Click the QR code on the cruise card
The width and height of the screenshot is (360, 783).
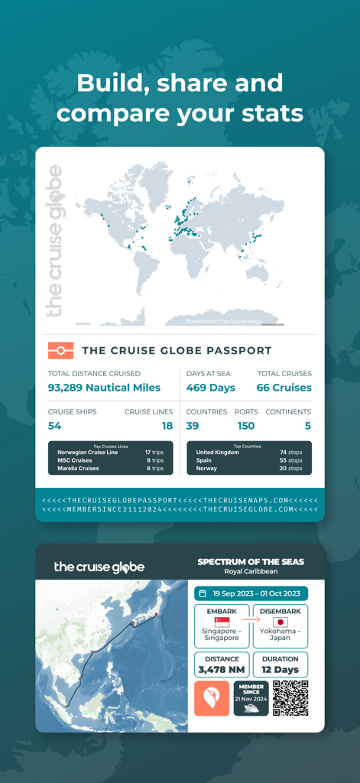[290, 698]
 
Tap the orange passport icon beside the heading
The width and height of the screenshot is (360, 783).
[60, 351]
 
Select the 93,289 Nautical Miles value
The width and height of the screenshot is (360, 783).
[104, 388]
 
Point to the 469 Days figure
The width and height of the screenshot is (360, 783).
[211, 388]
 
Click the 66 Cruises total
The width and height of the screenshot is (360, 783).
[284, 388]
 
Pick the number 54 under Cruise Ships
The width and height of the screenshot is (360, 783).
[54, 426]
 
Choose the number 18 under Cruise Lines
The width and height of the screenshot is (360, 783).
[167, 426]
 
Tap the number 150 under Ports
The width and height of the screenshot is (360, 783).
[245, 426]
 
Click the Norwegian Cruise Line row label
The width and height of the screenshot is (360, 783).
[88, 453]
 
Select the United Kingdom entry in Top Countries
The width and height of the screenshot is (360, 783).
[218, 453]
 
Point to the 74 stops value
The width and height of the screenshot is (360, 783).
[291, 453]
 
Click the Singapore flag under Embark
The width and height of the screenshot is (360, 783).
[222, 622]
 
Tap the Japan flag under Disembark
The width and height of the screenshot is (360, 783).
[281, 622]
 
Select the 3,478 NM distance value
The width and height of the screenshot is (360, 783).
[222, 670]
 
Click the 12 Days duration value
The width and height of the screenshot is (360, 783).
[281, 670]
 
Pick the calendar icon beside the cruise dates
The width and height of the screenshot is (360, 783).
[203, 593]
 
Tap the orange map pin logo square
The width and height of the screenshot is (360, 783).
[212, 698]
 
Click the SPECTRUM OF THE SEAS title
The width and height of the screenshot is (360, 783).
[251, 562]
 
